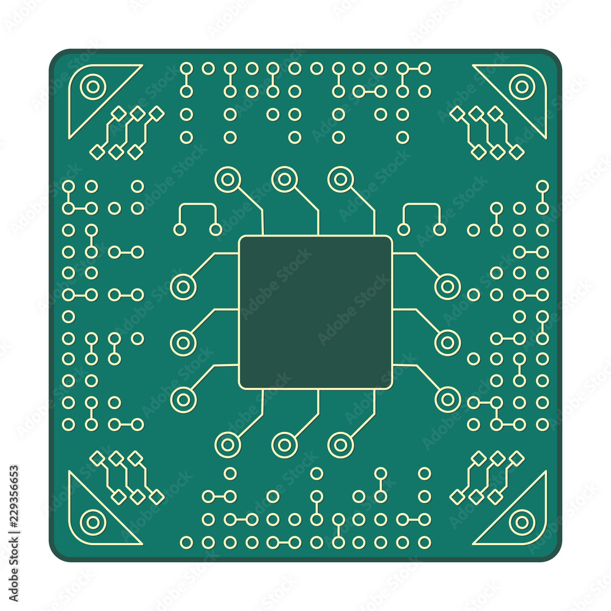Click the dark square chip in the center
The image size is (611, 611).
point(315,312)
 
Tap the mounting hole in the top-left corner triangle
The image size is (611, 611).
point(93,87)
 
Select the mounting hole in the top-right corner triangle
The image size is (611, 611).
point(521,87)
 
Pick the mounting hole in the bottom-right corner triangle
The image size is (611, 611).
point(521,522)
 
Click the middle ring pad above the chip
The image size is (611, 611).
point(284,180)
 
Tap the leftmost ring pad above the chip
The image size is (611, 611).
point(227,180)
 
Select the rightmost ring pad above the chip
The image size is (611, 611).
point(340,180)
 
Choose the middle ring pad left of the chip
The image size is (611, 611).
point(183,343)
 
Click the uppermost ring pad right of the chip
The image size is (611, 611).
point(447,287)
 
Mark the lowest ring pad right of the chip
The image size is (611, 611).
point(447,399)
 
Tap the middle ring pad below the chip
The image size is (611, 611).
point(284,445)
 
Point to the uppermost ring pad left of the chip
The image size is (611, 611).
point(183,287)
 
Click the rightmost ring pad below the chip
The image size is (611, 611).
point(340,445)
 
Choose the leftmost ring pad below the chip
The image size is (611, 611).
point(227,445)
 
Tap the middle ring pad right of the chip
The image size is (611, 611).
point(447,343)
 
